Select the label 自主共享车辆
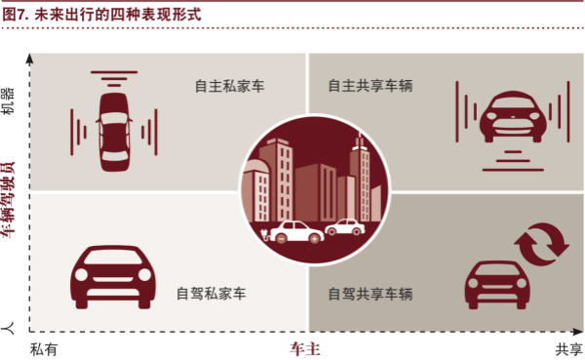tap(370, 86)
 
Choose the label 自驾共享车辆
tap(370, 293)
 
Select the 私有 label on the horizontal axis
tap(45, 348)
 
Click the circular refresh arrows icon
tap(542, 245)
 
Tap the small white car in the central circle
tap(343, 228)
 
